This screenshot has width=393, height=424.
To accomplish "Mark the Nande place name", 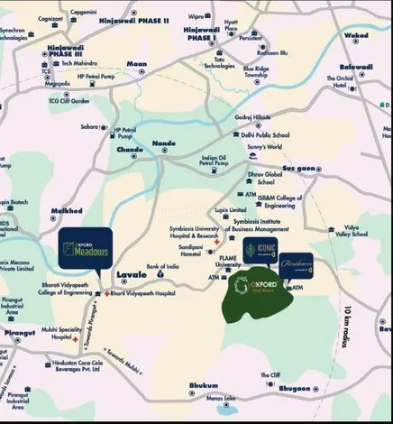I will click(164, 143).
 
